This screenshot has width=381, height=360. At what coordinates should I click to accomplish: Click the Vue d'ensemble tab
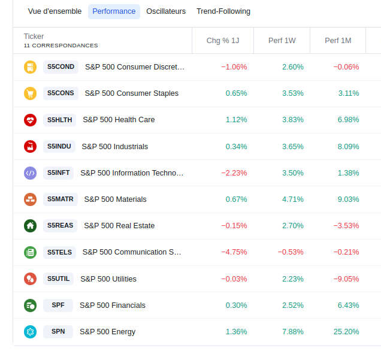coord(55,11)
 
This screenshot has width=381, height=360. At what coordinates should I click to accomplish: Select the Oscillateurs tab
coord(166,11)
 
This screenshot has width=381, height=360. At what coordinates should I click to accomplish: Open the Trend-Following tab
coord(223,11)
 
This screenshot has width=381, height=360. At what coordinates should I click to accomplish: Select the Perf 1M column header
coord(338,41)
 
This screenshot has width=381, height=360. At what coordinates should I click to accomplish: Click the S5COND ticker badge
coord(61,67)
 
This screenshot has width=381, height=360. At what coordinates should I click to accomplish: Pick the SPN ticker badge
coord(58,332)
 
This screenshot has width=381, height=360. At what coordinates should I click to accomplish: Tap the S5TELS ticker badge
coord(59,252)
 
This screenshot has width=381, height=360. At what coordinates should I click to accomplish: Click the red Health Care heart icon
coord(30,120)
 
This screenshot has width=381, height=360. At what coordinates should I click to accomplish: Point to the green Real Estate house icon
coord(30,226)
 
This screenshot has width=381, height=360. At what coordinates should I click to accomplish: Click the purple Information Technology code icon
coord(30,173)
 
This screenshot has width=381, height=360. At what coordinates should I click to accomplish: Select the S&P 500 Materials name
coord(115,199)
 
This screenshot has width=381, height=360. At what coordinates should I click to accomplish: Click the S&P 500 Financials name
coord(113,305)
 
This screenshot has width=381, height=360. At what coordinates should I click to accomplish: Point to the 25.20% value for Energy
coord(346,332)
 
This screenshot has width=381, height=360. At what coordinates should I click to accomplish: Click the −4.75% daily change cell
coord(234,252)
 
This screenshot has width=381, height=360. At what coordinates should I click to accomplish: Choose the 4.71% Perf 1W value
coord(293,199)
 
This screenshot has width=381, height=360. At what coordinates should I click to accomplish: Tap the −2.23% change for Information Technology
coord(234,173)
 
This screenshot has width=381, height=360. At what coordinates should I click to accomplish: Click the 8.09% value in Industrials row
coord(349,147)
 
